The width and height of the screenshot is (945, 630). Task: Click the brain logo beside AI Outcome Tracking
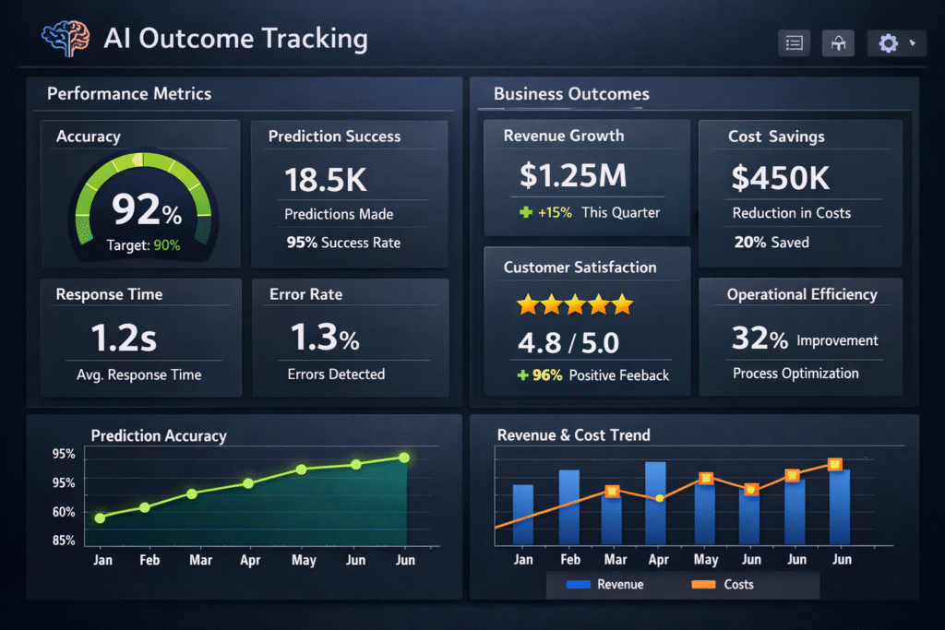pyautogui.click(x=65, y=40)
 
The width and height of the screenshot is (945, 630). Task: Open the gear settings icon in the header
pyautogui.click(x=889, y=43)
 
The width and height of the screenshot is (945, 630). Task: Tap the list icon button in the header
pyautogui.click(x=794, y=43)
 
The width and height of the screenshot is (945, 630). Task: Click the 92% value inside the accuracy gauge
pyautogui.click(x=147, y=209)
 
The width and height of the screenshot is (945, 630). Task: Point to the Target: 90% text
pyautogui.click(x=143, y=245)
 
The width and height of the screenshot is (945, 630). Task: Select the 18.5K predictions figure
pyautogui.click(x=325, y=179)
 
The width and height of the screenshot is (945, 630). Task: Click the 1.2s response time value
pyautogui.click(x=124, y=339)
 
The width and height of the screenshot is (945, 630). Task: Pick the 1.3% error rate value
pyautogui.click(x=324, y=339)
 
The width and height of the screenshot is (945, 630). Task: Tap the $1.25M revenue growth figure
pyautogui.click(x=573, y=175)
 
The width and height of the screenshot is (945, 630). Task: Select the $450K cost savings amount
pyautogui.click(x=780, y=177)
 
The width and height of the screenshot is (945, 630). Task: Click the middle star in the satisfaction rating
pyautogui.click(x=575, y=303)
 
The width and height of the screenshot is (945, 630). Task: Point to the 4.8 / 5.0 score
pyautogui.click(x=568, y=343)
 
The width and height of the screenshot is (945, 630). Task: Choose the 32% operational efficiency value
pyautogui.click(x=760, y=339)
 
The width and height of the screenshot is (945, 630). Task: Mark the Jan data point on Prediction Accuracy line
pyautogui.click(x=100, y=517)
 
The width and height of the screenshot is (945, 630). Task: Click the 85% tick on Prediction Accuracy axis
pyautogui.click(x=64, y=541)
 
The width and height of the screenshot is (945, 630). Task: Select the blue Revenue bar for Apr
pyautogui.click(x=655, y=503)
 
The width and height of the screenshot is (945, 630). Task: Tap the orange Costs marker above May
pyautogui.click(x=706, y=479)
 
